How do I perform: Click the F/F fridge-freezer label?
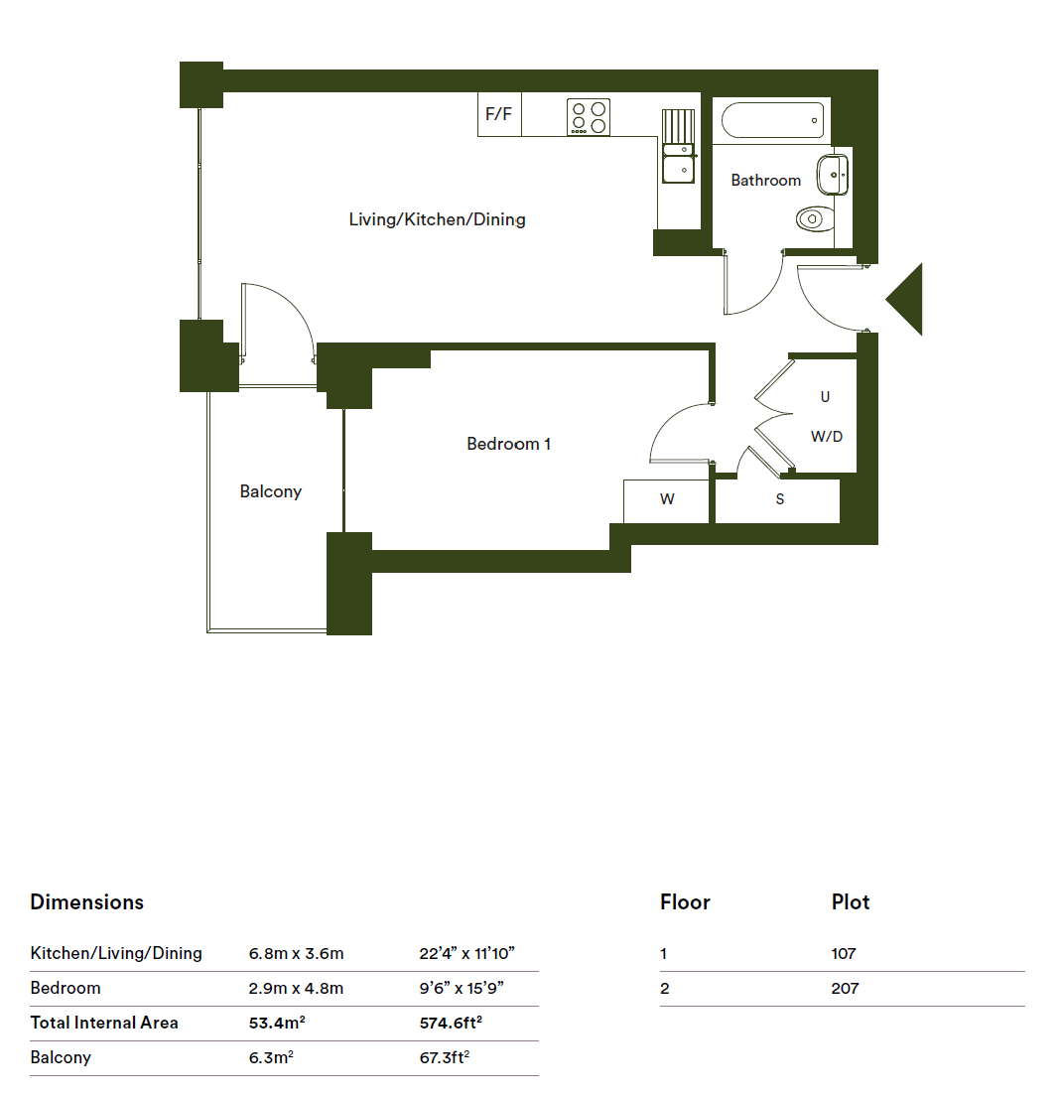click(498, 113)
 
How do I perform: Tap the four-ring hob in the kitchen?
click(589, 117)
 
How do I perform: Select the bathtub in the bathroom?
click(772, 120)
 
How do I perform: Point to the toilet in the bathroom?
click(815, 218)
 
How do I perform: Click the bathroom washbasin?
click(833, 175)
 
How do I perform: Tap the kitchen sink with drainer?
click(678, 146)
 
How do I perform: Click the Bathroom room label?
click(765, 181)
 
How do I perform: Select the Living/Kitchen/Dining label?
click(437, 219)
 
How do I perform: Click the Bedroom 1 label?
click(509, 444)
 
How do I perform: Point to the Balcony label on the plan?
click(270, 491)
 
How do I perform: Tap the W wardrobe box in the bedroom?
click(666, 500)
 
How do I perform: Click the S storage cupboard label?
click(780, 499)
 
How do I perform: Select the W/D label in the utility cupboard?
click(827, 437)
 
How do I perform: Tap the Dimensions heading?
click(86, 901)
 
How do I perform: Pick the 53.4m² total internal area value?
click(277, 1023)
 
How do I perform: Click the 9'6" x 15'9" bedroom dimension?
click(462, 988)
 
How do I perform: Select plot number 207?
click(845, 988)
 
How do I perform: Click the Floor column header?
click(685, 901)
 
